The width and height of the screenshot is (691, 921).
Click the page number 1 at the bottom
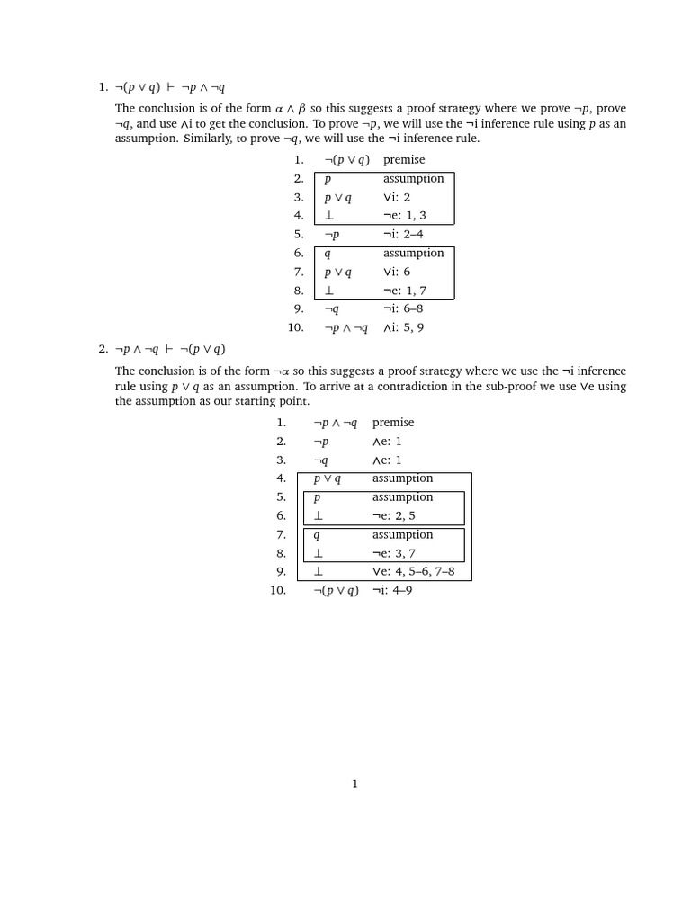(354, 784)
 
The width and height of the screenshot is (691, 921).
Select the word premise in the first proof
(404, 160)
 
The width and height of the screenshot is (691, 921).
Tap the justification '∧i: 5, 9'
(403, 328)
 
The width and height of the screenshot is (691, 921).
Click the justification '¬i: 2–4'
(403, 235)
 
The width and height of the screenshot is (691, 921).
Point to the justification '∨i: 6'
(397, 272)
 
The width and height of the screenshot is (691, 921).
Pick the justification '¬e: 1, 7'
(405, 291)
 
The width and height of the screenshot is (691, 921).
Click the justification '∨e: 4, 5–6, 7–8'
(413, 572)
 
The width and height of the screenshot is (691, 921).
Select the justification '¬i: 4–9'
(392, 591)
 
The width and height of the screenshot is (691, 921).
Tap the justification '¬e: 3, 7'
(394, 554)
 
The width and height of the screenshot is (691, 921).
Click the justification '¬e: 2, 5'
(394, 516)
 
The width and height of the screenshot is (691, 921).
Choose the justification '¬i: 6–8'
(403, 309)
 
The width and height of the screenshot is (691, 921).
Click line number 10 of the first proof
(296, 328)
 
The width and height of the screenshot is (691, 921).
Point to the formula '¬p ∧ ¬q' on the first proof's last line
(346, 328)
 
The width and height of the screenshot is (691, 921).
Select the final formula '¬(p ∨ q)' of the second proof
(336, 591)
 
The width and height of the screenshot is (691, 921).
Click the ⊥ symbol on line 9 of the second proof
(318, 572)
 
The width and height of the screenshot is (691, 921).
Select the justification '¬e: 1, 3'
(405, 216)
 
